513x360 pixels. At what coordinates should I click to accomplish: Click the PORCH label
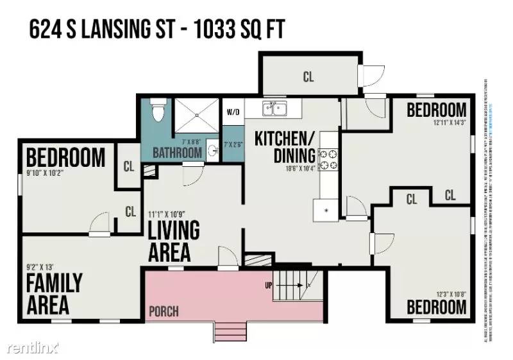point(164,312)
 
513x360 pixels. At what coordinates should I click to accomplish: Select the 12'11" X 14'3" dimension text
point(440,122)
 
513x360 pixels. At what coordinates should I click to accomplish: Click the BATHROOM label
point(177,153)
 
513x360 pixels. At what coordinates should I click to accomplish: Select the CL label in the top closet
point(308,77)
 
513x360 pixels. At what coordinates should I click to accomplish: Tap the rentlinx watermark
point(33,347)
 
